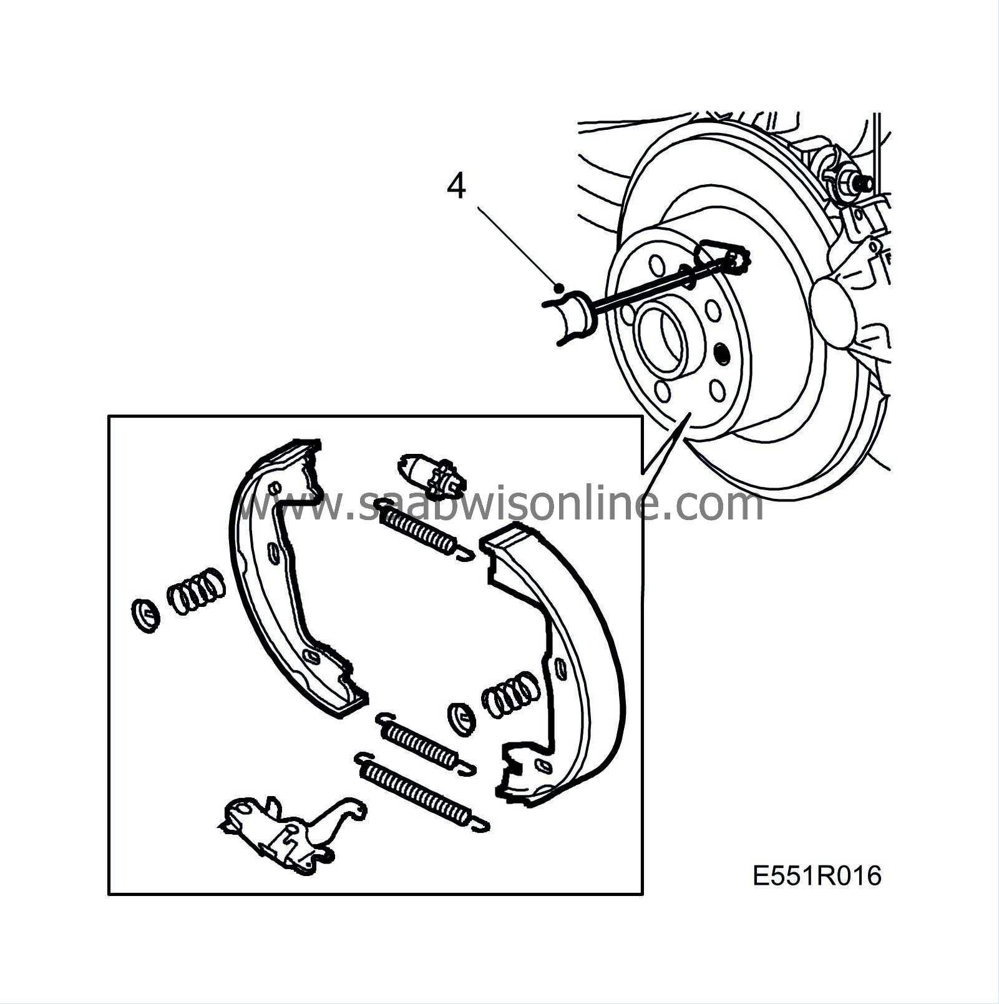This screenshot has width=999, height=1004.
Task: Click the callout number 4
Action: [x=457, y=186]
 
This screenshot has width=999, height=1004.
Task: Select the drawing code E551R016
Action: [x=817, y=875]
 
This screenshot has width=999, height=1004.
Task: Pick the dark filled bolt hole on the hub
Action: [x=722, y=354]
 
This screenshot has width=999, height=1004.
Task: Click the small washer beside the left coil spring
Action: [x=146, y=616]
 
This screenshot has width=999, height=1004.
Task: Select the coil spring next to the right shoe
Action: [x=510, y=694]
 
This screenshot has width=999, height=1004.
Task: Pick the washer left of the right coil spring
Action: [x=462, y=716]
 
